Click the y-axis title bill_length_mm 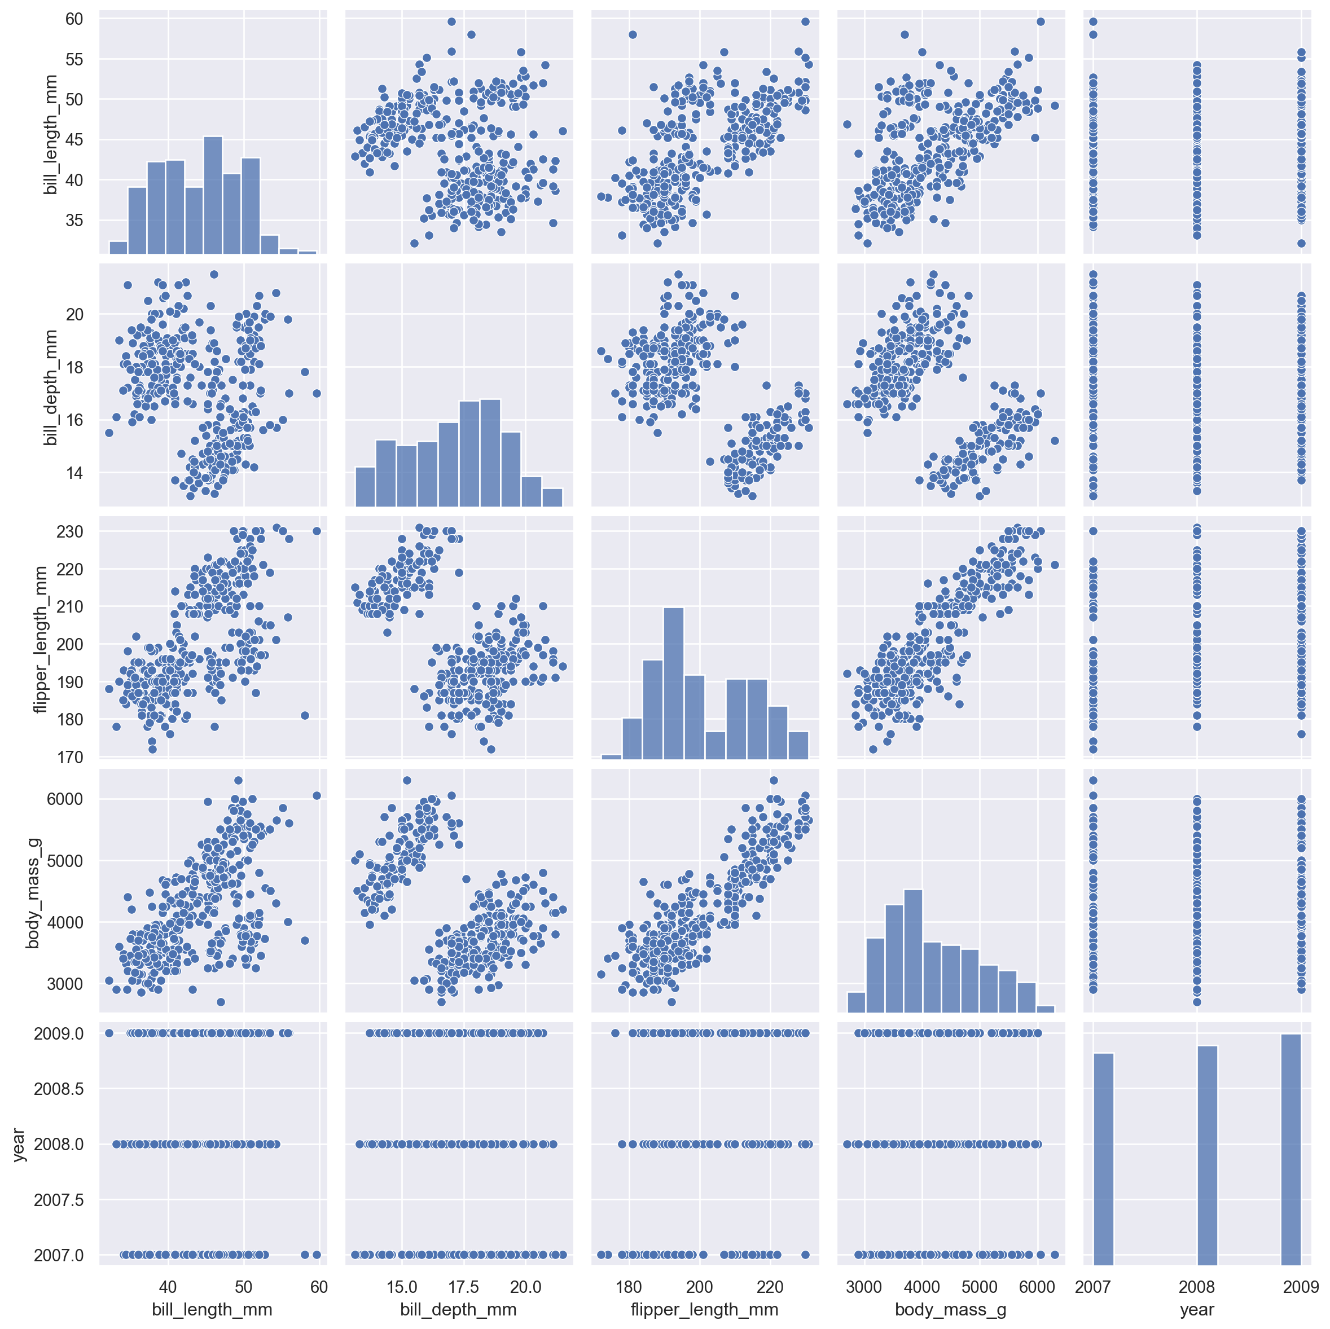tap(50, 135)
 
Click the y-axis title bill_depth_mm tap(50, 387)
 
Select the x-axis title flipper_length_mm tap(704, 1309)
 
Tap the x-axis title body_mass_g tap(951, 1309)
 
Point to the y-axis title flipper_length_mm tap(41, 639)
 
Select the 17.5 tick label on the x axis tap(463, 1287)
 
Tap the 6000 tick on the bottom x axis tap(1037, 1287)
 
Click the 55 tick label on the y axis tap(74, 59)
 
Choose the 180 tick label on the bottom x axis tap(629, 1287)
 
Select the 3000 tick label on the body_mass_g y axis tap(65, 984)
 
